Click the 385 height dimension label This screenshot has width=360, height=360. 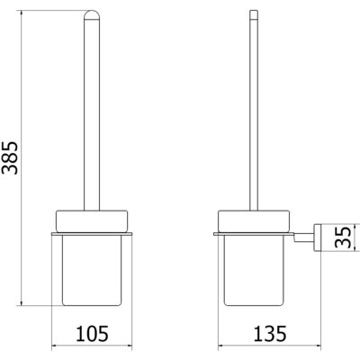[x=10, y=157]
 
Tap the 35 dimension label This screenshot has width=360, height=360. [x=342, y=237]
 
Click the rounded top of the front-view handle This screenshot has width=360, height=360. [x=92, y=15]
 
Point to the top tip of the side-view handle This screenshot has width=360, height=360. [x=254, y=11]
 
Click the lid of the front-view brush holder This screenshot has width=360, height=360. [x=92, y=220]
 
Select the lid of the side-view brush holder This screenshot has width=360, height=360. [x=254, y=220]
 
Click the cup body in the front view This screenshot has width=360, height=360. [x=92, y=270]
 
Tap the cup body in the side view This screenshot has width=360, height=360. [x=254, y=270]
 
